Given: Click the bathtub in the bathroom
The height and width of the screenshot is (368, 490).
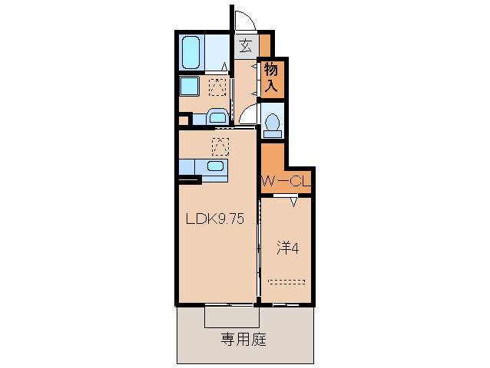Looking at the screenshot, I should (193, 52).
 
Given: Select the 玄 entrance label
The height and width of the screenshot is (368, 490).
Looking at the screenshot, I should (246, 46).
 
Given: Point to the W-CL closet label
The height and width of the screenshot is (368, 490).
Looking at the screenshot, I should (286, 182).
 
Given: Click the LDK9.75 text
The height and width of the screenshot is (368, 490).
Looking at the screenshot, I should (214, 219).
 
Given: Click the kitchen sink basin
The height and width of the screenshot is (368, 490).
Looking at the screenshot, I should (216, 166).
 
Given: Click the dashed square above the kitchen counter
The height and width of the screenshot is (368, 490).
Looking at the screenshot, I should (220, 144).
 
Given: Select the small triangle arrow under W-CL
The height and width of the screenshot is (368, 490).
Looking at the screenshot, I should (295, 203).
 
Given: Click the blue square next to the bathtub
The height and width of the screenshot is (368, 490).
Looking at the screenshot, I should (190, 85).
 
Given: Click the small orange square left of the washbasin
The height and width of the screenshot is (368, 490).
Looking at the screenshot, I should (184, 119).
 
